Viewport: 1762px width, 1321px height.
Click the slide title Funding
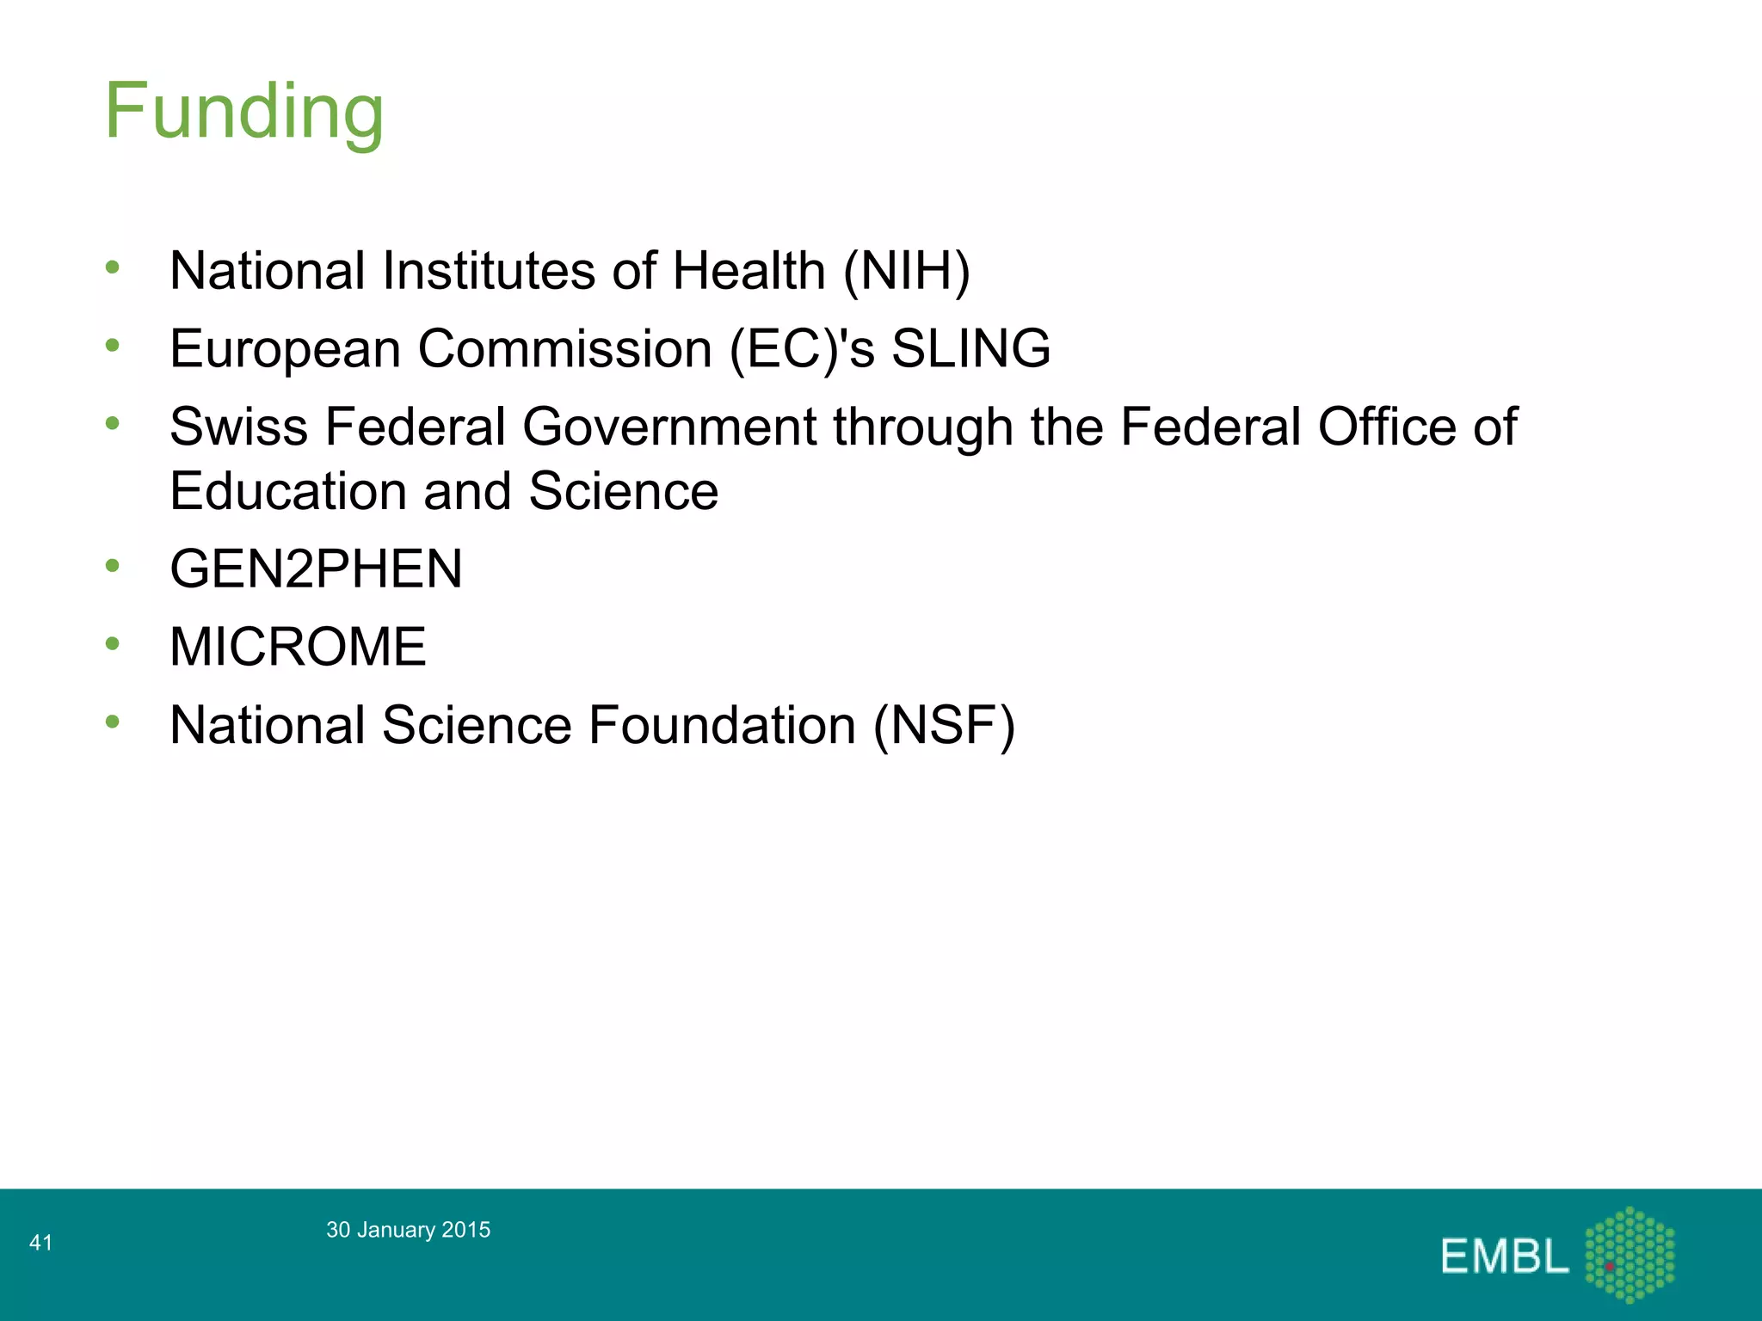tap(244, 112)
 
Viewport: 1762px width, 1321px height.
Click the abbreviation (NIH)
tap(906, 271)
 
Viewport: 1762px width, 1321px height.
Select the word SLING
tap(970, 349)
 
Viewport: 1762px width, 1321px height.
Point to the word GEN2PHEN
tap(316, 569)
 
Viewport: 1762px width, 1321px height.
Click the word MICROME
tap(298, 647)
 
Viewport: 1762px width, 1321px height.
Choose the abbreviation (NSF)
tap(944, 725)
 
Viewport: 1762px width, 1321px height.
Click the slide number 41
tap(40, 1242)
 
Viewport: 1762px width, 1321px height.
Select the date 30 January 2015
tap(408, 1230)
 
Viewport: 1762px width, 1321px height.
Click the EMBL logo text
tap(1505, 1256)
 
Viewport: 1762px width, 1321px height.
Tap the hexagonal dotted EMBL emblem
tap(1629, 1254)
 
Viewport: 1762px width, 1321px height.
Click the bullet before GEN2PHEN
tap(113, 566)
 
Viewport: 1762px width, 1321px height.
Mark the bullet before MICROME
tap(113, 643)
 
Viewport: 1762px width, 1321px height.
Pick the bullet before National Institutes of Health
tap(113, 267)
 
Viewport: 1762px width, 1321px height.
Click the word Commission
tap(565, 349)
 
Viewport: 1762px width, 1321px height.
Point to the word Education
tap(287, 492)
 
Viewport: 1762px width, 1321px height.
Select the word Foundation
tap(722, 725)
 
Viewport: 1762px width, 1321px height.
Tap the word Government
tap(669, 427)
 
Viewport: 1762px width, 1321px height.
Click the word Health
tap(749, 271)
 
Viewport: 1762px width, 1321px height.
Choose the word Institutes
tap(488, 271)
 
